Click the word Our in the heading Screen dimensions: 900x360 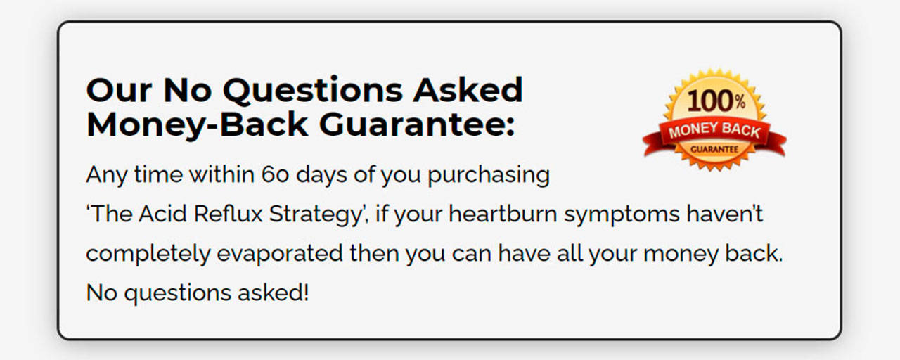(119, 90)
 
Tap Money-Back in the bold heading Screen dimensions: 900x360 (198, 125)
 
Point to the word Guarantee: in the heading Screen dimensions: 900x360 (417, 125)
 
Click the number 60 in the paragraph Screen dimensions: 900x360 (275, 175)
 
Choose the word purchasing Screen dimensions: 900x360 (489, 176)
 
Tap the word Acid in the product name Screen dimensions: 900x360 (162, 214)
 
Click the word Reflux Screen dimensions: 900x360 (228, 214)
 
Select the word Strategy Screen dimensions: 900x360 (316, 215)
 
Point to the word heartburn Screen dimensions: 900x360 (503, 214)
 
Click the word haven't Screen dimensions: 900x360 (725, 214)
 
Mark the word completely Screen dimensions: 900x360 (148, 255)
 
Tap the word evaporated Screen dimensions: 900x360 (280, 255)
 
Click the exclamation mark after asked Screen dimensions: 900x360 (306, 292)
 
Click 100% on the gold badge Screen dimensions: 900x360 (716, 101)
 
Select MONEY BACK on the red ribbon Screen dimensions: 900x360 (714, 131)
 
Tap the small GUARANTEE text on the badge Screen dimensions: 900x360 (714, 150)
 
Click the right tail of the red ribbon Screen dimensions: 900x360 (776, 143)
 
